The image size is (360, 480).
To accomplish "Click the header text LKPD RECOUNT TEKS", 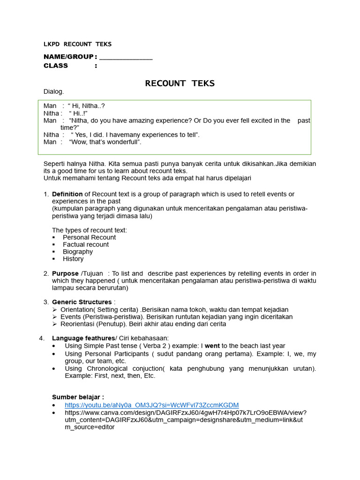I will [77, 45].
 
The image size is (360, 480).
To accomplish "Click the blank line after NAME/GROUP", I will [126, 58].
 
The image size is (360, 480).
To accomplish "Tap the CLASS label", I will [56, 66].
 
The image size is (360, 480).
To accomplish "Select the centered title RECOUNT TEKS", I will [180, 83].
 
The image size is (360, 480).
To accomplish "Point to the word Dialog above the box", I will [53, 92].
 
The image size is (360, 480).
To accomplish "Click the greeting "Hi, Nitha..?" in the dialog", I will [90, 106].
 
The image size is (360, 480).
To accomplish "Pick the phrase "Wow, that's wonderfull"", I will [105, 142].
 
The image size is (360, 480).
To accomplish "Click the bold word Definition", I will [67, 194].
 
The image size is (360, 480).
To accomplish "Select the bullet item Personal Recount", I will [89, 237].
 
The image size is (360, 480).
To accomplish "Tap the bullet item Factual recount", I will [86, 244].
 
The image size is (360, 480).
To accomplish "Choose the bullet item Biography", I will [78, 252].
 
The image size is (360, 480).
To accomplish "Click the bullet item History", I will [73, 259].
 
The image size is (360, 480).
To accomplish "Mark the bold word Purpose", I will [65, 273].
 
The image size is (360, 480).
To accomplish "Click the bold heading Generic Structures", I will [82, 302].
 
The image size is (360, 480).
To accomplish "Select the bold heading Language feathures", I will [83, 338].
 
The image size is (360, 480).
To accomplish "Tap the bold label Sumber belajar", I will [78, 397].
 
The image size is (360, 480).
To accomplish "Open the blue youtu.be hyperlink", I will [151, 405].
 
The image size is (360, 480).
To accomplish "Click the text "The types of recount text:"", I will [89, 230].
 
